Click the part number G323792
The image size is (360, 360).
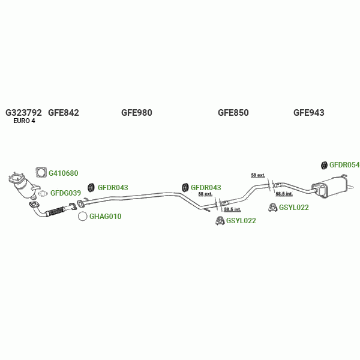pos(23,112)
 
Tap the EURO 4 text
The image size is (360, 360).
pos(24,121)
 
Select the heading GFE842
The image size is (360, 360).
pos(64,112)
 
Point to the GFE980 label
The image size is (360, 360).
pos(137,112)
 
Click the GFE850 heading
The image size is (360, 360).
pos(233,112)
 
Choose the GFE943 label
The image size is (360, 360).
pos(308,112)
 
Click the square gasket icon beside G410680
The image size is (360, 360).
pos(41,173)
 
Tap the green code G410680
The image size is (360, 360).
pos(64,173)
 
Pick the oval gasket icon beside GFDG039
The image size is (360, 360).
pos(43,193)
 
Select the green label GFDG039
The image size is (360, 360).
pos(65,193)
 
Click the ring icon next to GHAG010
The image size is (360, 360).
pos(83,217)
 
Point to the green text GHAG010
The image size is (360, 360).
pos(105,217)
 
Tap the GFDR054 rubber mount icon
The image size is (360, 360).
pos(324,165)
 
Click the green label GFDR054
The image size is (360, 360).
pos(344,165)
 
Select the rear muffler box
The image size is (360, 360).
pos(330,187)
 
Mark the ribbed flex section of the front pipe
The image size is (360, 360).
pos(55,211)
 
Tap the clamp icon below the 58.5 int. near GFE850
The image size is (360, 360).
pos(220,221)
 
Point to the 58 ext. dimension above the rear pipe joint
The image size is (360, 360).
pos(257,175)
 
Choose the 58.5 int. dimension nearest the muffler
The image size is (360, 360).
pos(284,194)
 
